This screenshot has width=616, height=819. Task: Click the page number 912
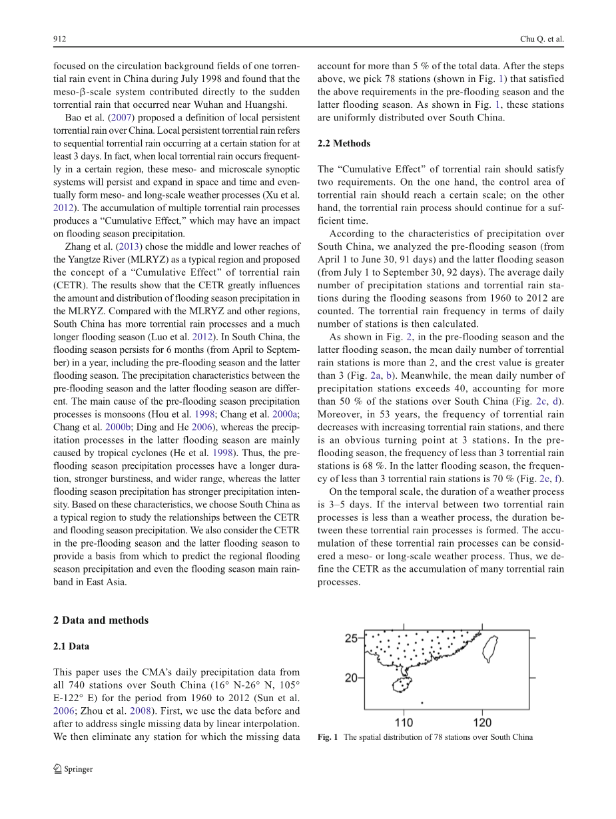59,39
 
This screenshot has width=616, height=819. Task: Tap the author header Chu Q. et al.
541,39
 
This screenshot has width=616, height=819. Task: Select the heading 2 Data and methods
101,620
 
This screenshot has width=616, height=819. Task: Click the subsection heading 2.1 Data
71,646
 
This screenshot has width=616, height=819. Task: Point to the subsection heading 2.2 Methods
344,143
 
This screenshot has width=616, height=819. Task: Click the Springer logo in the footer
73,769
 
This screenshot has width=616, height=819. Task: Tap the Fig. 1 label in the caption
328,736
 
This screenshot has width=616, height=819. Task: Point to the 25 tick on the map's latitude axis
352,639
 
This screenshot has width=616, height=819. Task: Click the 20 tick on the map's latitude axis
352,678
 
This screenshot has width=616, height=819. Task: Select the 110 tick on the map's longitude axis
404,722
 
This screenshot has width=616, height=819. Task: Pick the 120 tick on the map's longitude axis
482,722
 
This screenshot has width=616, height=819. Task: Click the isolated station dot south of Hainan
422,702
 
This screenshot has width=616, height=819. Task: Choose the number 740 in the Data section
75,685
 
